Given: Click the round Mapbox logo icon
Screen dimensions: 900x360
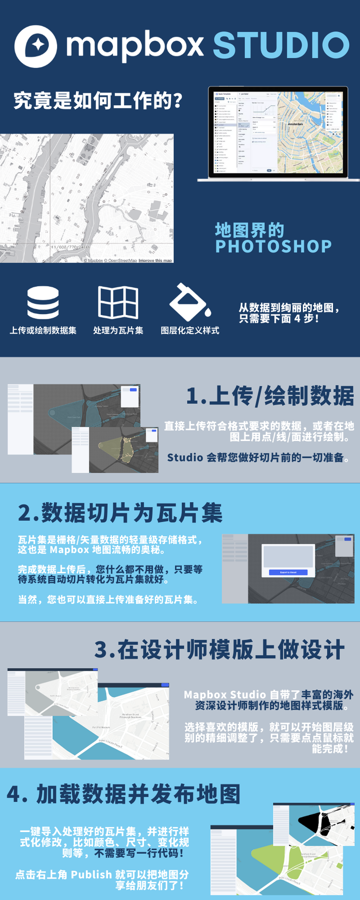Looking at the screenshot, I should (x=35, y=46).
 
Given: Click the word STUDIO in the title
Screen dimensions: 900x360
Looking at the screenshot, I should (x=281, y=45).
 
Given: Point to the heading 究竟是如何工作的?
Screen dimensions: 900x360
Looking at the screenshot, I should (x=98, y=100).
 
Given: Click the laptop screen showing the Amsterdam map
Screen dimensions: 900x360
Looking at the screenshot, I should (x=278, y=132).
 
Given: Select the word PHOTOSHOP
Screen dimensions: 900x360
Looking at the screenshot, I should (x=273, y=246).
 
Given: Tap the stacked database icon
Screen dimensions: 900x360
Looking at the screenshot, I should (x=43, y=302).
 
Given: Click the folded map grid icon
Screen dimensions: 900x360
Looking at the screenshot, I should (x=118, y=302).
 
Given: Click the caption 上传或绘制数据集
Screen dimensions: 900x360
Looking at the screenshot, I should (x=43, y=330).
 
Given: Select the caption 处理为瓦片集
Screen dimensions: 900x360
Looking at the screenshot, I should (x=118, y=330).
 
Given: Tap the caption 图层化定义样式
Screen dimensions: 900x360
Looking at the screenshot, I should (x=190, y=330).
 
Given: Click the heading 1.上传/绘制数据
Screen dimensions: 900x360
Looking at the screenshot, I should (x=270, y=396).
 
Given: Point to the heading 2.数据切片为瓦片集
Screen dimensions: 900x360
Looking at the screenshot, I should (x=120, y=513).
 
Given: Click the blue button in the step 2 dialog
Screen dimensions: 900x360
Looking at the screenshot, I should (x=288, y=572).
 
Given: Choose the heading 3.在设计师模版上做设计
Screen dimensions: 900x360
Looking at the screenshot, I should (x=219, y=650).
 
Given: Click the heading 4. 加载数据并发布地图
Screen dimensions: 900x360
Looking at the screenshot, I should (x=123, y=794).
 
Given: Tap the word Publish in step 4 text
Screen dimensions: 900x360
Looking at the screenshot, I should (x=91, y=874).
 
